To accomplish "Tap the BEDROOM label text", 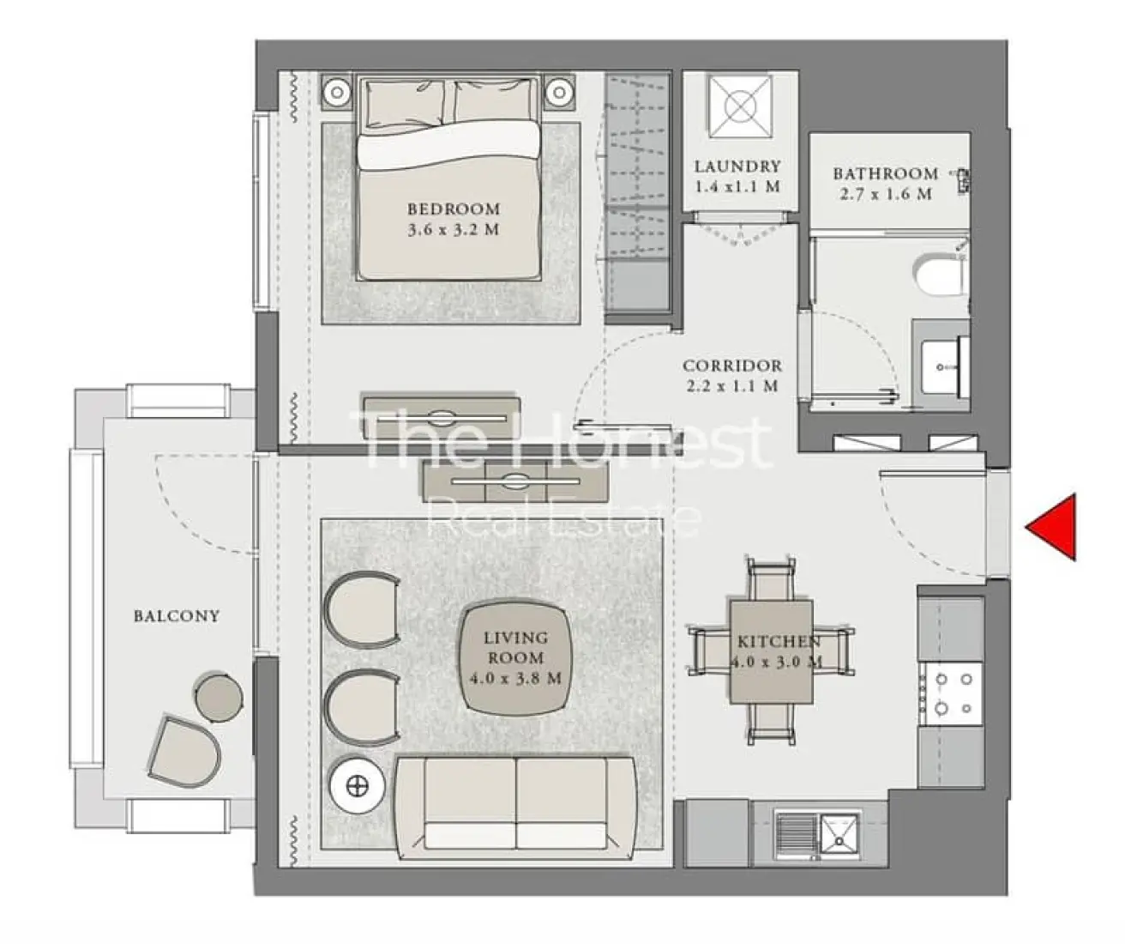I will coord(453,209).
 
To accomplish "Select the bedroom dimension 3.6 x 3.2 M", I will coord(453,230).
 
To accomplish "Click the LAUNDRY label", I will coord(737,166).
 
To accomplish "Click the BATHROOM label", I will coord(885,173).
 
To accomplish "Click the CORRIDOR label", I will coord(731,366).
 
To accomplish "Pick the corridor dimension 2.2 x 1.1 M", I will coord(731,386).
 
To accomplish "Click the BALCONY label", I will coord(176,616).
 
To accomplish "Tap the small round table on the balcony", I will coord(218,697).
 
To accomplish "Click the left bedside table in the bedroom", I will coord(337,91).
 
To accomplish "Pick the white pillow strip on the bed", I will coord(448,146).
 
